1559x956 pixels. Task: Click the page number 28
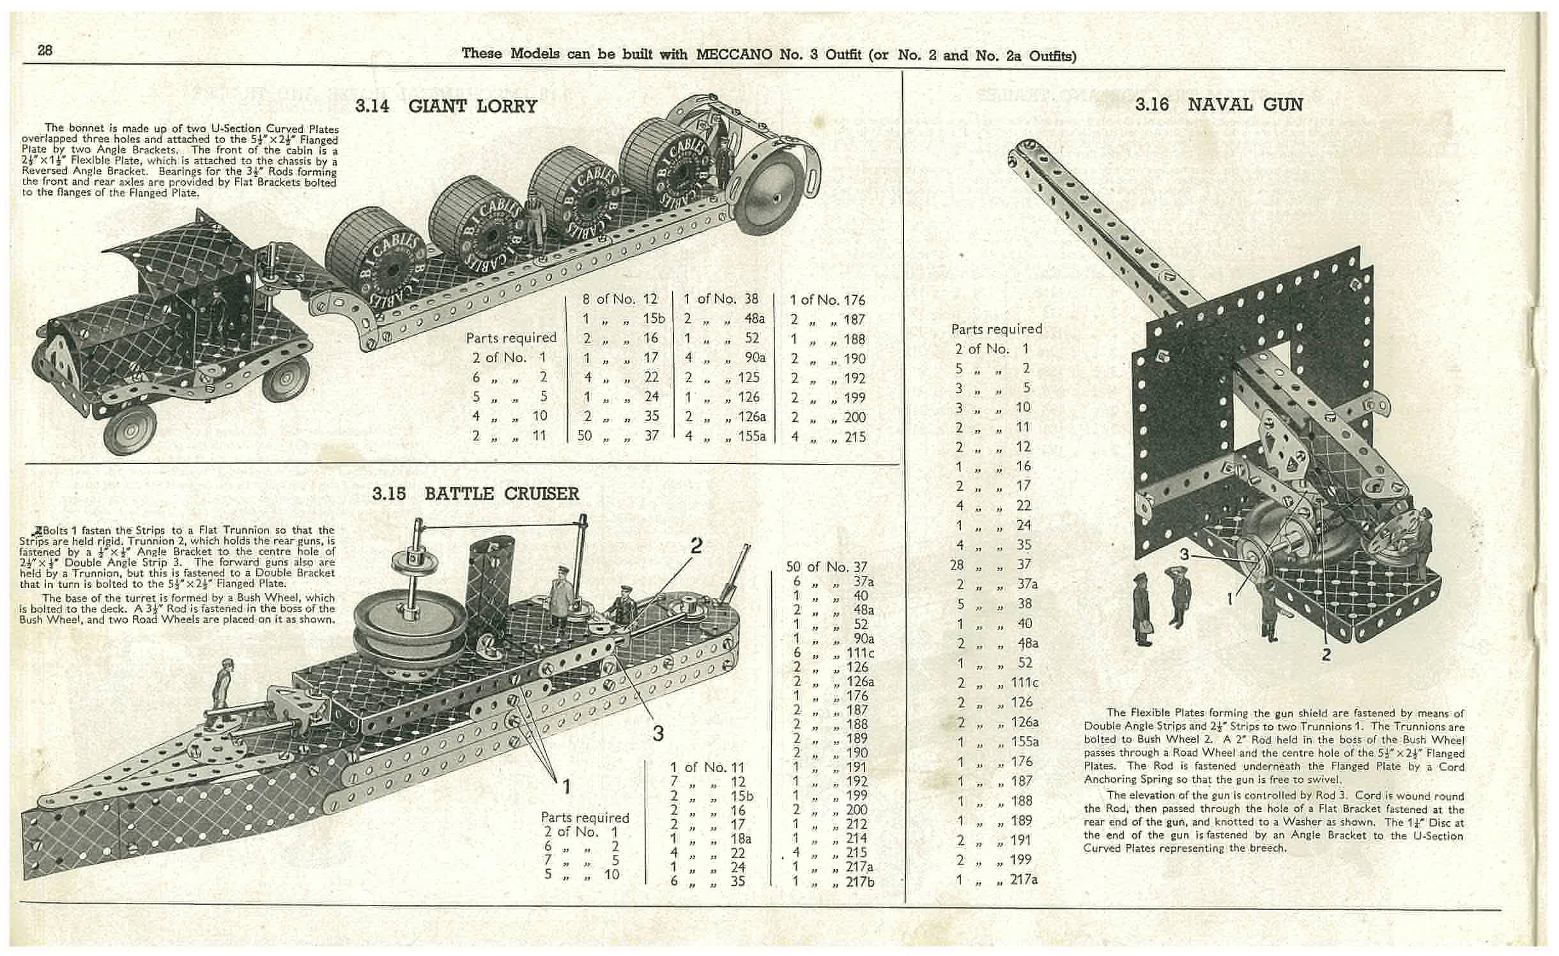pos(45,50)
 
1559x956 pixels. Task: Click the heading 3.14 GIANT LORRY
pos(446,105)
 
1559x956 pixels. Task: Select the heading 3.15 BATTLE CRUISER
pos(475,494)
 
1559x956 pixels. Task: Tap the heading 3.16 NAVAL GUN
pos(1218,104)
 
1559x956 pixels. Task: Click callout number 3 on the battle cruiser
pos(658,734)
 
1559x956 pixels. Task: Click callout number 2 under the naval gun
pos(1326,654)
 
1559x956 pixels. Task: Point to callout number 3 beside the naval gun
pos(1185,555)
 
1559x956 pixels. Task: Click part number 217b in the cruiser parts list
pos(859,881)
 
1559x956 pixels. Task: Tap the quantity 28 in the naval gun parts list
pos(965,564)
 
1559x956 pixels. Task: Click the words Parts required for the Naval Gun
pos(996,329)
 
